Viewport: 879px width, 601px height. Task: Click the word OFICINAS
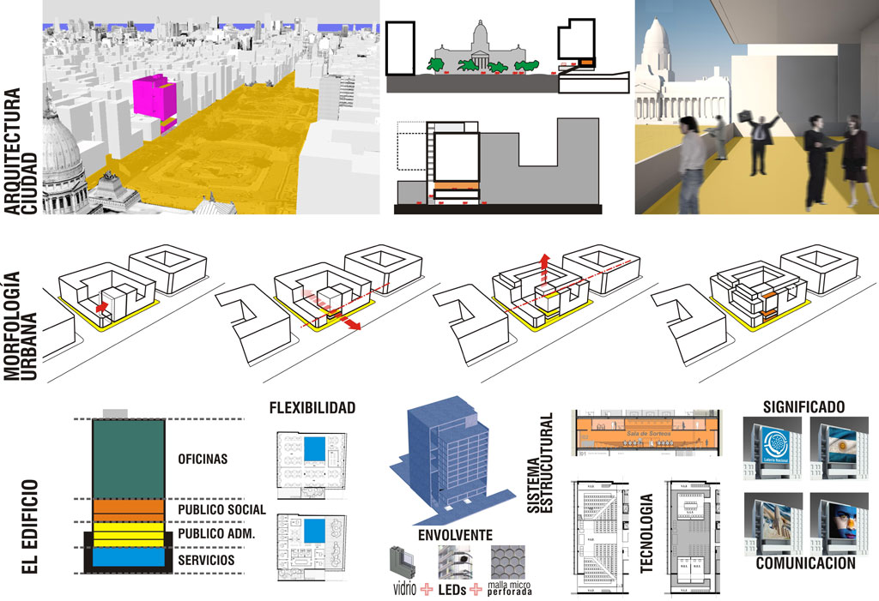tap(203, 459)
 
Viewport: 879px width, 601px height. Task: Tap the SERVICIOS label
tap(206, 560)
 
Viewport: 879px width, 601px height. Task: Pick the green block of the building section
tap(129, 459)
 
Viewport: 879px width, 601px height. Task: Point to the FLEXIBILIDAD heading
tap(312, 407)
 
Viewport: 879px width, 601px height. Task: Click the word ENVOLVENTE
tap(454, 536)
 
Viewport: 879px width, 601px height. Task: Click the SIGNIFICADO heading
tap(803, 406)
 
